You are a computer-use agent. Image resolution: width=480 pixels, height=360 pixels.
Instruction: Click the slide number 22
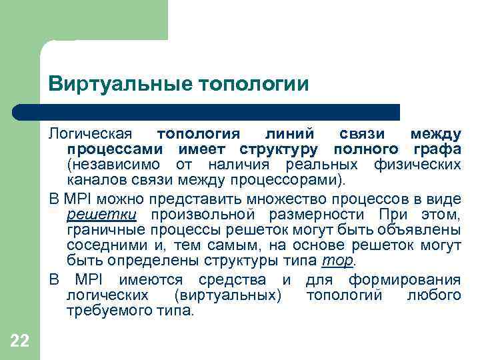click(20, 342)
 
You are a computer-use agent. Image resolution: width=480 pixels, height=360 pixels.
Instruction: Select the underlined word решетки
click(101, 215)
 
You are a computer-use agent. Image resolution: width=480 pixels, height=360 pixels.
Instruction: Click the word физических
click(423, 165)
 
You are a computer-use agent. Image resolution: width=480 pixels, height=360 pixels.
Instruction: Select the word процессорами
click(296, 180)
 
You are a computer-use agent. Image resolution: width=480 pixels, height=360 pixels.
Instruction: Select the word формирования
click(405, 279)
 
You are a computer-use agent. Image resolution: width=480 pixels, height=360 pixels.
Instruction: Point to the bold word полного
click(365, 149)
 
